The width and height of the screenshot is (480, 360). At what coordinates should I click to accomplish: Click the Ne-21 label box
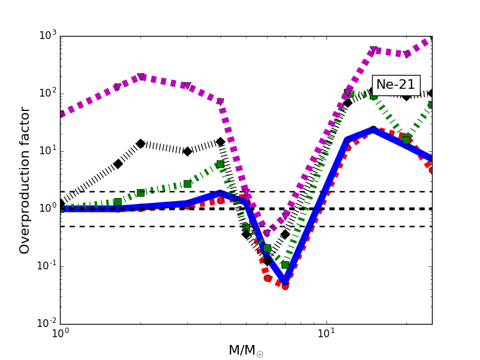[x=396, y=85]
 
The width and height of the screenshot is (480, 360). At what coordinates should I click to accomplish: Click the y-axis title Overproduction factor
[x=25, y=180]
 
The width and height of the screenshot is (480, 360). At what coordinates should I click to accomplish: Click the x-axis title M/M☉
[x=246, y=350]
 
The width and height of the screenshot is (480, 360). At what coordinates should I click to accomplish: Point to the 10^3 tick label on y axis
[x=45, y=36]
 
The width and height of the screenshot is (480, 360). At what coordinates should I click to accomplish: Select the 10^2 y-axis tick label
[x=45, y=94]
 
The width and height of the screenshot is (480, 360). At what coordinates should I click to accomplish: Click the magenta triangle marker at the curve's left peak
[x=140, y=77]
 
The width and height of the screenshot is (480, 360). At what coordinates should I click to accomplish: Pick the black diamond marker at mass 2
[x=140, y=143]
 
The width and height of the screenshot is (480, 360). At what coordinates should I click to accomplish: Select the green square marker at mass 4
[x=220, y=164]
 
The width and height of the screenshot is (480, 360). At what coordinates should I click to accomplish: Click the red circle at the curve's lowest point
[x=285, y=286]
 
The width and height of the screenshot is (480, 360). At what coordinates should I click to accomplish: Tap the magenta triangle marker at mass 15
[x=373, y=50]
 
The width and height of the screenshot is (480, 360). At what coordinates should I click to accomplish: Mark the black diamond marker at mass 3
[x=187, y=151]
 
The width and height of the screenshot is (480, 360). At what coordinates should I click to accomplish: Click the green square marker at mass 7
[x=285, y=265]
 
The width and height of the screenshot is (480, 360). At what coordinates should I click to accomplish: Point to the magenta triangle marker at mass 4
[x=220, y=102]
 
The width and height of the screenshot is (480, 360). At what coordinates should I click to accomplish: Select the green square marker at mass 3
[x=187, y=184]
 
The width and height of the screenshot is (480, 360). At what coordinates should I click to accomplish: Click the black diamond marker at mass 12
[x=347, y=103]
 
